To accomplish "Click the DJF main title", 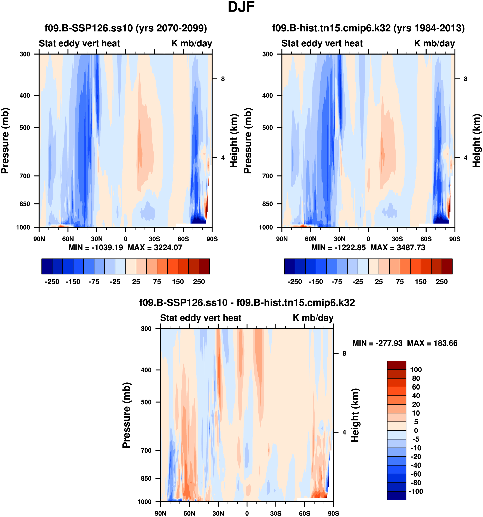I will pos(241,7).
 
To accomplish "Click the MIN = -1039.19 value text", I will pos(96,247).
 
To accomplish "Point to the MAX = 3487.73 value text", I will pos(398,247).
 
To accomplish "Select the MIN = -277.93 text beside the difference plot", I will pos(377,343).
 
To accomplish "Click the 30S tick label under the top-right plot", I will pos(397,239).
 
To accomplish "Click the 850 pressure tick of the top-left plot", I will pos(25,204).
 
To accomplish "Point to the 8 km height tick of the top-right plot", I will pos(466,79).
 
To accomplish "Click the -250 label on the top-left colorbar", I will pos(52,282).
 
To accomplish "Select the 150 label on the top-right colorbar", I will pos(421,282).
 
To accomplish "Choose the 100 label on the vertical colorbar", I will pos(416,370).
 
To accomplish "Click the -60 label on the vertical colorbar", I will pos(416,474).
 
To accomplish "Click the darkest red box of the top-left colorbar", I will pos(204,266).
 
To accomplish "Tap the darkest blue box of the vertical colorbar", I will pos(396,495).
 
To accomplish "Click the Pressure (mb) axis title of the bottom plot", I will pos(126,415).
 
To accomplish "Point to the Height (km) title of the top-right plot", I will pos(477,141).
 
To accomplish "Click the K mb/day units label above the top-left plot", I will pos(192,43).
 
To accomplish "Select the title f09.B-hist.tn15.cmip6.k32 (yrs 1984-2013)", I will pos(368,28).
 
